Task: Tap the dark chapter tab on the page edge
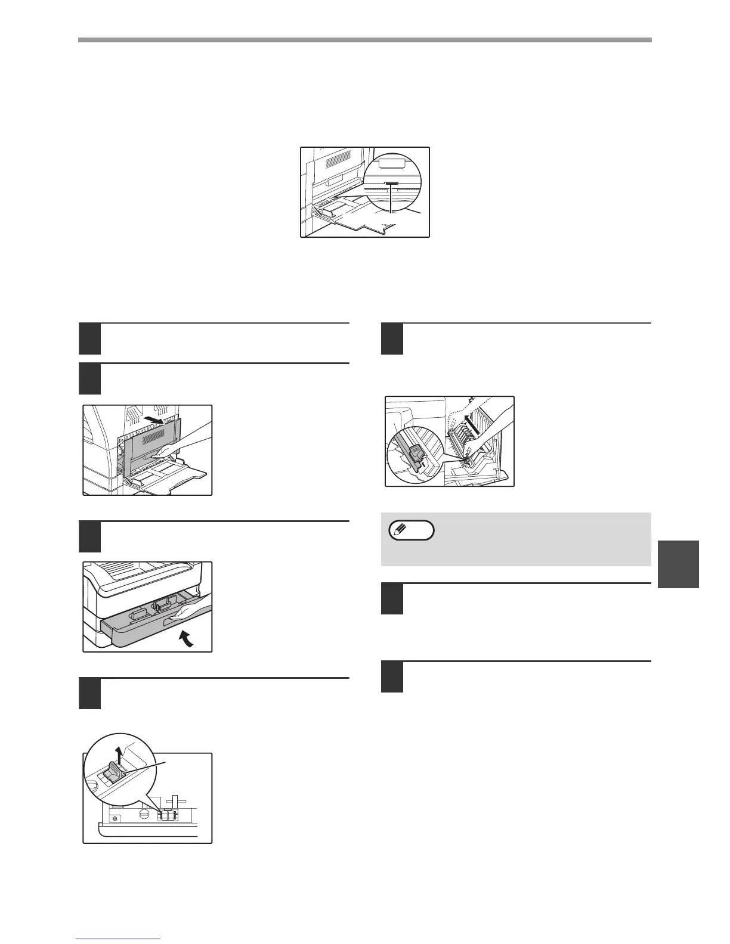click(x=679, y=564)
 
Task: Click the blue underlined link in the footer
click(x=119, y=940)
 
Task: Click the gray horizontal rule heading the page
click(x=364, y=41)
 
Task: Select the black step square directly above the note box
click(x=392, y=339)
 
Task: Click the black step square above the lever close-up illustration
click(x=90, y=693)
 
